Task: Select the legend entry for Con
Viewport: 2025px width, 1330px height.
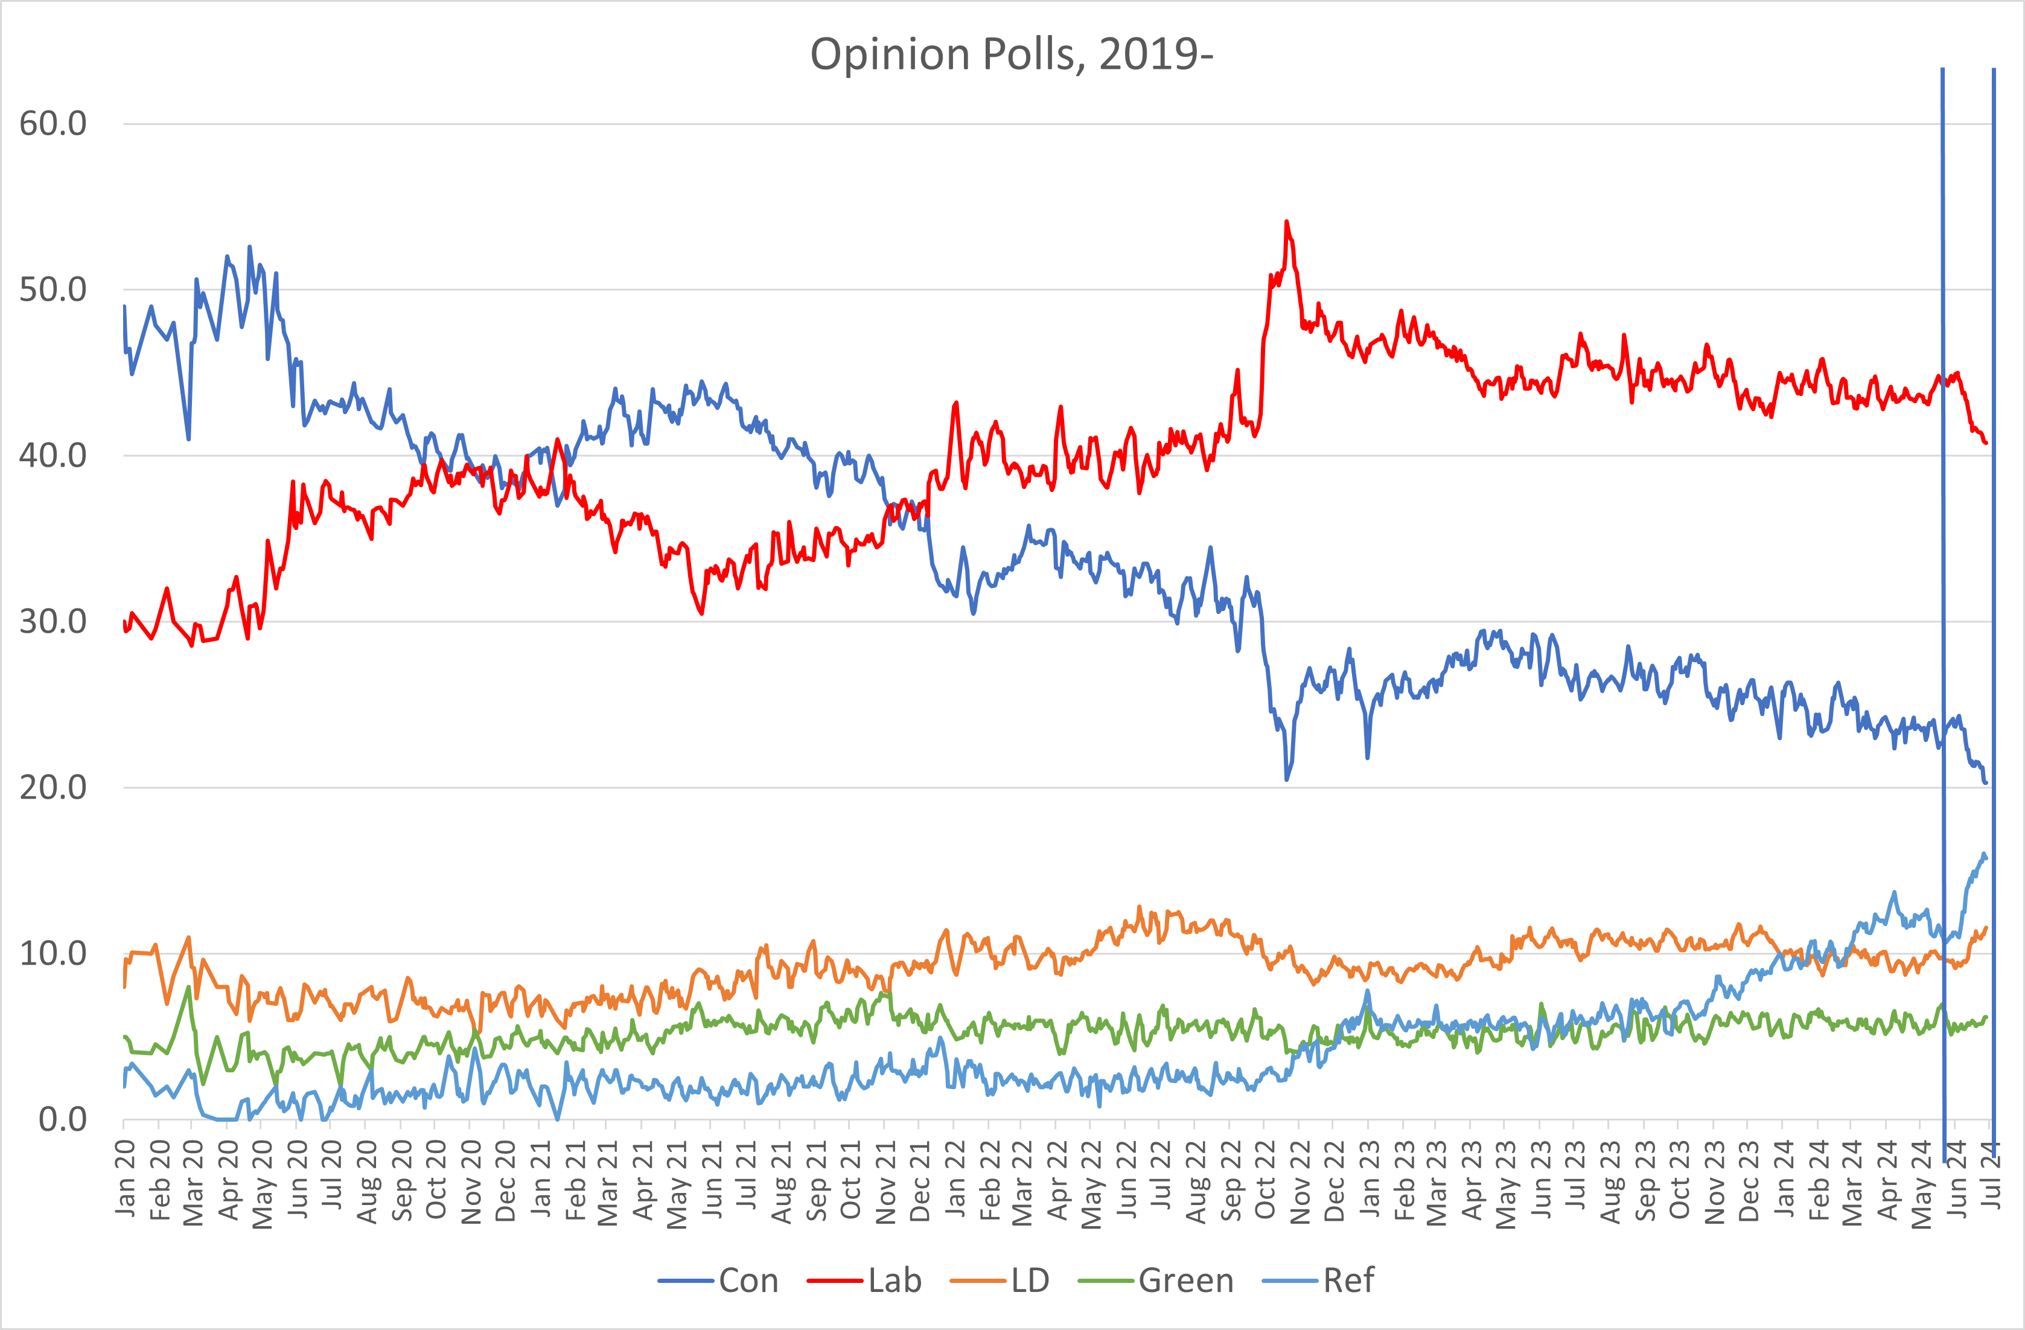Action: click(x=747, y=1280)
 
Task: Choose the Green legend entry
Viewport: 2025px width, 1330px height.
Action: click(x=1185, y=1280)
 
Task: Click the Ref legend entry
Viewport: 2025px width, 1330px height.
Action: click(x=1348, y=1280)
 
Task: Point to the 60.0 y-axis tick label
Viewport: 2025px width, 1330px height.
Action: click(x=53, y=124)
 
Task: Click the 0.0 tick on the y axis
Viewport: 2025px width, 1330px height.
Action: click(x=62, y=1120)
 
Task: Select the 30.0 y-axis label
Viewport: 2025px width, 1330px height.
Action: click(x=53, y=622)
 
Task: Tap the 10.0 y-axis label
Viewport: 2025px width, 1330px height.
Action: click(x=53, y=954)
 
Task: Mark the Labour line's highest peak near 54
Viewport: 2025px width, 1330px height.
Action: click(x=1286, y=222)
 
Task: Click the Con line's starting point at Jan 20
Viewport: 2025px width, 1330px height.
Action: click(x=124, y=306)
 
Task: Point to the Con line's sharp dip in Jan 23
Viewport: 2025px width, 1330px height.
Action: click(x=1367, y=756)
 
